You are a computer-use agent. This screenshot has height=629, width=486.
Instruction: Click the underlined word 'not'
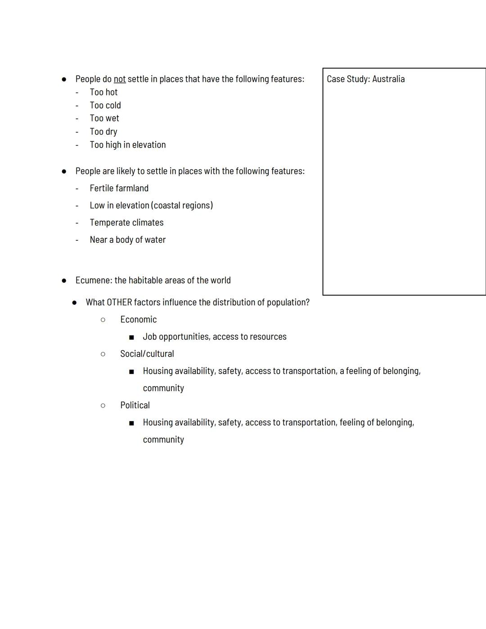(119, 79)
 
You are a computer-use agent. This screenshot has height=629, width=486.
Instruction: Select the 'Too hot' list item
(103, 92)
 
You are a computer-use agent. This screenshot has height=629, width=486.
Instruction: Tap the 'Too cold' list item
(105, 105)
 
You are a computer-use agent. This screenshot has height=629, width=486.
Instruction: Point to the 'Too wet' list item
(104, 118)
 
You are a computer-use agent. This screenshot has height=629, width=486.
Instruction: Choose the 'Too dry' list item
(103, 131)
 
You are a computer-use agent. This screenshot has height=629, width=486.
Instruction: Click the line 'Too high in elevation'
(128, 145)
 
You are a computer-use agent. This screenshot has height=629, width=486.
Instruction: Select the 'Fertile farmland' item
(119, 188)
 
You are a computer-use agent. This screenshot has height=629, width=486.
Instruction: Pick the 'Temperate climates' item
(126, 222)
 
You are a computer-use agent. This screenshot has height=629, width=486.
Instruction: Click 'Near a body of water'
(127, 240)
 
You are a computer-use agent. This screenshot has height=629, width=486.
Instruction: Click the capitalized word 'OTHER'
(119, 303)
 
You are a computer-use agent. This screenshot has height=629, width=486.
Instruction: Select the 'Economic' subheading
(138, 320)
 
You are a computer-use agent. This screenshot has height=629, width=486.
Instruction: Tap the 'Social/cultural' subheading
(147, 354)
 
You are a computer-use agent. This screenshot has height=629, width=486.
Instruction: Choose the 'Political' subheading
(135, 405)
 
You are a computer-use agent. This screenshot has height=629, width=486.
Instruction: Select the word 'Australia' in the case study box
(388, 79)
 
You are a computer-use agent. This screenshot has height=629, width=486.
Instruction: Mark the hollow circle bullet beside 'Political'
(103, 406)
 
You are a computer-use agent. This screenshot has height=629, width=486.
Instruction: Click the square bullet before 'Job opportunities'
(131, 337)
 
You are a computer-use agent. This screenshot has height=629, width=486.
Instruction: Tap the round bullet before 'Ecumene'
(64, 281)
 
